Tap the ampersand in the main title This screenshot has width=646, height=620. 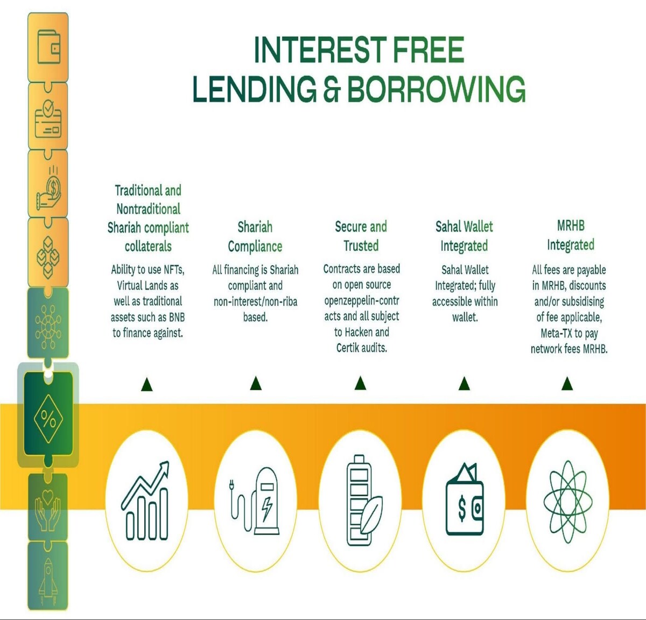332,89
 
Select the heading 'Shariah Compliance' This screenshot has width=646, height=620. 255,237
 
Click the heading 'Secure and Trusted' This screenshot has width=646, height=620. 361,236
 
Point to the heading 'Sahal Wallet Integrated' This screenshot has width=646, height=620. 464,236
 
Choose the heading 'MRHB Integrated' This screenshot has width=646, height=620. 570,235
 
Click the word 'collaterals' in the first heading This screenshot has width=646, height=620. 148,246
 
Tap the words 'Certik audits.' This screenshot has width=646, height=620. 362,348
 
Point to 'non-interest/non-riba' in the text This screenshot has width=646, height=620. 255,302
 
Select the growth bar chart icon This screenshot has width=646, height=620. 145,501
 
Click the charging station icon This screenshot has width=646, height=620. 255,501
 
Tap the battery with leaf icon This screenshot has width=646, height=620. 364,501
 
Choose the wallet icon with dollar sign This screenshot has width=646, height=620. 464,500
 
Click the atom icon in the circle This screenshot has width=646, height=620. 568,502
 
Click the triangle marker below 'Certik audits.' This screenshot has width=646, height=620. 361,383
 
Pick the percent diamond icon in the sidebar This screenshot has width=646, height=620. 48,419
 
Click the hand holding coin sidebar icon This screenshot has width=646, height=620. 49,189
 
